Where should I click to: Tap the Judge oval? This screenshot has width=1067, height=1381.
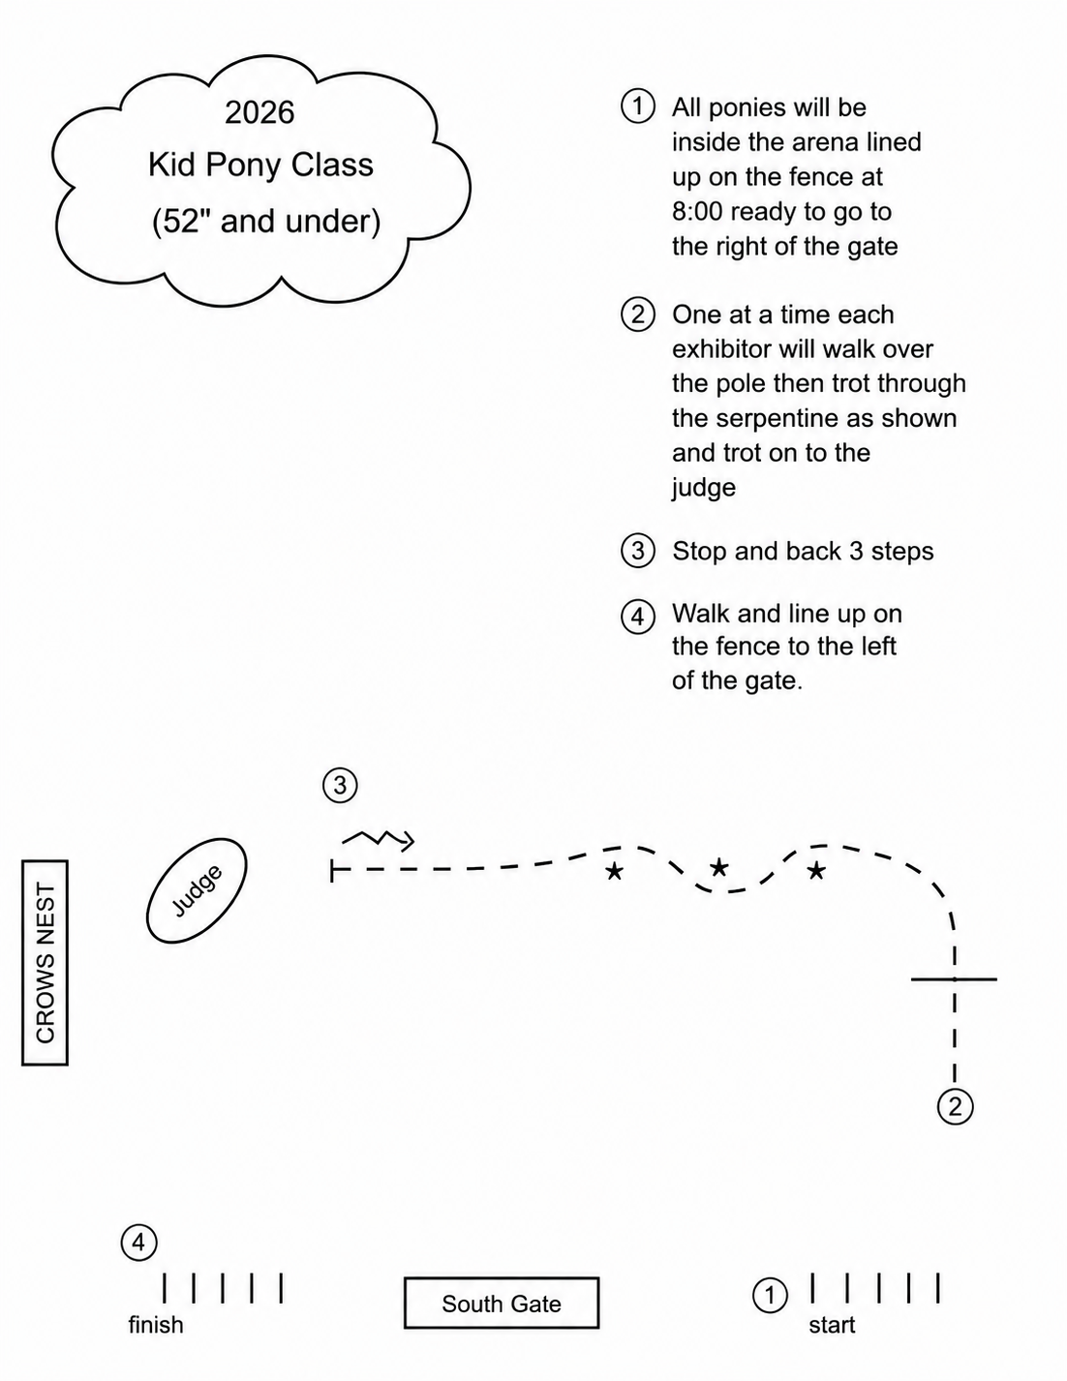197,889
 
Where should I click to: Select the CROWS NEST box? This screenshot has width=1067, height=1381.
46,962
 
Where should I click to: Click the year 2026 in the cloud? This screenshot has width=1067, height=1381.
259,112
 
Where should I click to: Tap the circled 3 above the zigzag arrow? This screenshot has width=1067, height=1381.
340,785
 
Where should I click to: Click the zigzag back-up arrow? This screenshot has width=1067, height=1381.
379,839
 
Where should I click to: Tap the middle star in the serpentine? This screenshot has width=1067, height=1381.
718,867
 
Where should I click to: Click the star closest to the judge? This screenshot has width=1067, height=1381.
614,871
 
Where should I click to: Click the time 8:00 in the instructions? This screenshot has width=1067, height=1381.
697,212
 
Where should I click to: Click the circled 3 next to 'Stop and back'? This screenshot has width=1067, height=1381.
638,551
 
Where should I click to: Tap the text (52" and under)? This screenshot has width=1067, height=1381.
266,222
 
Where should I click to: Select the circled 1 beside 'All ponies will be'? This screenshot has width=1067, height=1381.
638,106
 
